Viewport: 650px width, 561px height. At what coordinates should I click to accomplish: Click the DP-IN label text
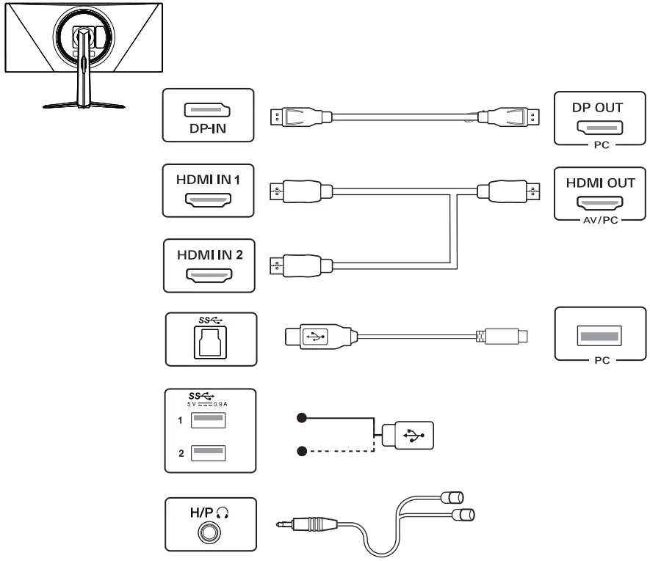pos(208,128)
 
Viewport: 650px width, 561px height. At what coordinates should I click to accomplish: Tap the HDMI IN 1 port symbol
pos(208,199)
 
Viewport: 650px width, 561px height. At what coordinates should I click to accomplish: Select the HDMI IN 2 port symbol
pos(209,275)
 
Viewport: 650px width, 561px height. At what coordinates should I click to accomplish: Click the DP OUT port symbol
pos(600,128)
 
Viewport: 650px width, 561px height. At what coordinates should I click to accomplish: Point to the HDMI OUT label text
pos(600,183)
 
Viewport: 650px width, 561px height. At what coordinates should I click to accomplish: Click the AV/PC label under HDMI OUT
pos(600,220)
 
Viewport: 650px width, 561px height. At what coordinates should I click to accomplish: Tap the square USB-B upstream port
pos(211,342)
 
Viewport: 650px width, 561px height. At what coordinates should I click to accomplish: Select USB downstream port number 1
pos(208,420)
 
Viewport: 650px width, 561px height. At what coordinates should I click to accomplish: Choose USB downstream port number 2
pos(208,453)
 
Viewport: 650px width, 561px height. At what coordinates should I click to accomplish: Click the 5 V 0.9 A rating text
pos(207,404)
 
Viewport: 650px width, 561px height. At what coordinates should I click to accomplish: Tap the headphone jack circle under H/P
pos(209,532)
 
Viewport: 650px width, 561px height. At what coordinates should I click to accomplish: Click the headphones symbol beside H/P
pos(223,513)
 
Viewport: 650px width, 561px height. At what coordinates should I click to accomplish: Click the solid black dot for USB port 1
pos(302,418)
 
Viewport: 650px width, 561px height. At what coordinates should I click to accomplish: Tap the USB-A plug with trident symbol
pos(408,435)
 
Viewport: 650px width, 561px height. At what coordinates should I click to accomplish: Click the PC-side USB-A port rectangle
pos(600,336)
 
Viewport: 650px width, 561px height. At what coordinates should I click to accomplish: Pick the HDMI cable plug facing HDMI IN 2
pos(301,265)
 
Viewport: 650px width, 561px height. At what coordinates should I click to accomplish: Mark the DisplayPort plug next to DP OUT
pos(509,117)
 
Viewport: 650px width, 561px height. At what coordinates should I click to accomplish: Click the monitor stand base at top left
pos(84,105)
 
